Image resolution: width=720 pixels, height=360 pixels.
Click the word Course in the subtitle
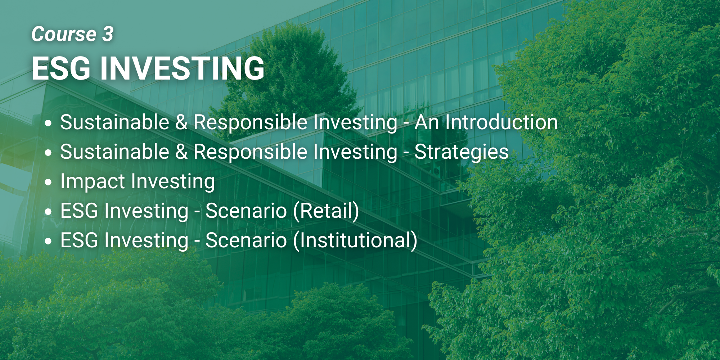(x=64, y=34)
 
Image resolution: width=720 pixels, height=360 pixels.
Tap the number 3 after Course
(x=108, y=34)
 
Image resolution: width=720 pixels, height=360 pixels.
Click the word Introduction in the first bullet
(x=501, y=122)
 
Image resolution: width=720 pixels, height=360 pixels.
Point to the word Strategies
(x=462, y=152)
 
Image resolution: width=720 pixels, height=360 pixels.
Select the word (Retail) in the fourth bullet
(x=326, y=211)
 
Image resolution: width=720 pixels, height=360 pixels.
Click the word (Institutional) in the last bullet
(x=355, y=240)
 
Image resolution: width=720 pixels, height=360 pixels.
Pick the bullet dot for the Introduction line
(x=48, y=123)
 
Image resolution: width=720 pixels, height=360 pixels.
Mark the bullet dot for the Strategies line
(x=48, y=153)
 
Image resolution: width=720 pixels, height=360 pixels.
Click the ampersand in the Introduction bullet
(x=181, y=122)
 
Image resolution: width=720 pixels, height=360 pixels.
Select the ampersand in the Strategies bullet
(x=181, y=152)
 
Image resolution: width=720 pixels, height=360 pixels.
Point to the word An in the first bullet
(x=427, y=122)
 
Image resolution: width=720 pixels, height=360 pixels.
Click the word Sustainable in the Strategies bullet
(x=115, y=152)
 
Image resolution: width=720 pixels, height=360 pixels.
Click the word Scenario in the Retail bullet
(x=246, y=211)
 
